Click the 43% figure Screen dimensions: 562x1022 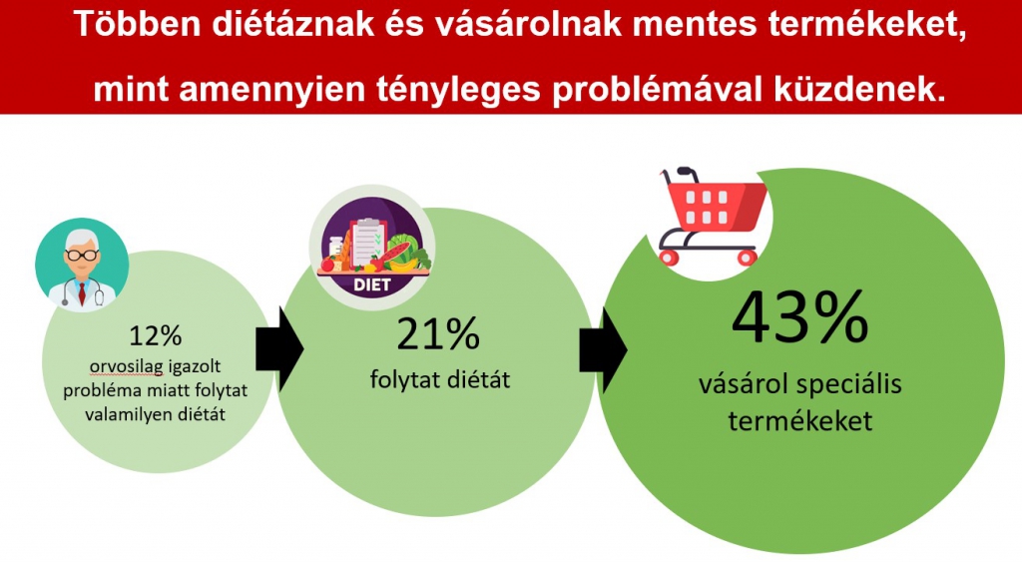coord(799,318)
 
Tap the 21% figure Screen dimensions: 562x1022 coord(438,335)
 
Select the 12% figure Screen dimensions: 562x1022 coord(155,334)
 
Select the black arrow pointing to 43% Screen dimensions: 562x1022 coord(602,344)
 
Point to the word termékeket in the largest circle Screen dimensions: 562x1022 coord(799,421)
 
